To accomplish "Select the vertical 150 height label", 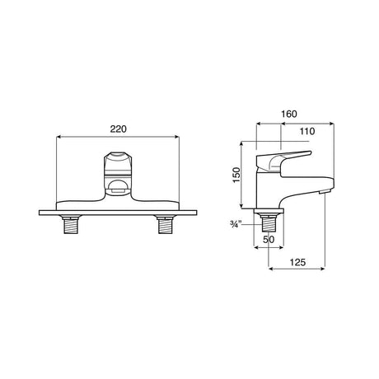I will pos(240,175).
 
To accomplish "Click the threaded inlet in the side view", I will pos(269,222).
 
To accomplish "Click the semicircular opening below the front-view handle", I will pos(117,187).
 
